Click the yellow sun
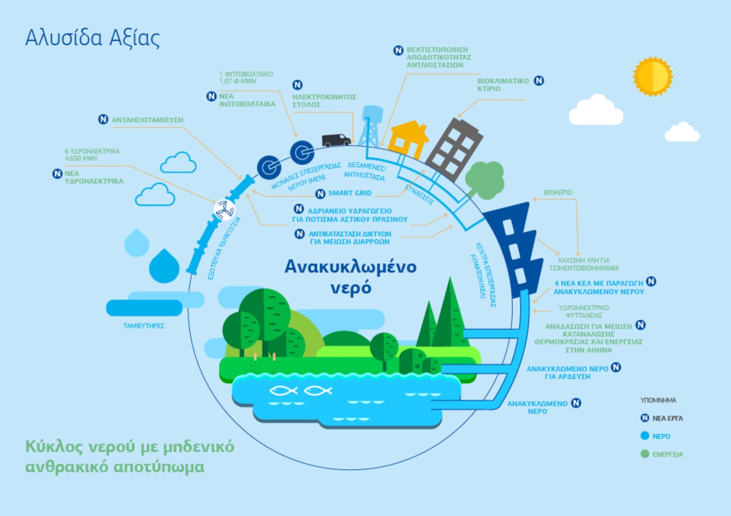click(x=653, y=76)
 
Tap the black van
click(x=336, y=140)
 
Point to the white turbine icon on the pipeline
click(x=224, y=210)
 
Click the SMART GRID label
click(x=350, y=193)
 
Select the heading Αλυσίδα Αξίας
click(x=93, y=38)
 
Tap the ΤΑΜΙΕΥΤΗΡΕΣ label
click(x=144, y=326)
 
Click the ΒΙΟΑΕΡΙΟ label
click(x=558, y=192)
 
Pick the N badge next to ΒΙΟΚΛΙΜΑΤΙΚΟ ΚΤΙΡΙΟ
click(x=539, y=81)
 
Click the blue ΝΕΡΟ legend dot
click(x=645, y=436)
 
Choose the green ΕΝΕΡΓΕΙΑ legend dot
click(x=645, y=454)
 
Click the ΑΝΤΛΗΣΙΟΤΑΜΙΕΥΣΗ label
click(x=147, y=120)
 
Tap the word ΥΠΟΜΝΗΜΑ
click(x=658, y=400)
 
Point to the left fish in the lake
click(x=283, y=390)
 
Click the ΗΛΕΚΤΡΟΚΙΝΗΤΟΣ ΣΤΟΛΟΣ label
click(x=324, y=101)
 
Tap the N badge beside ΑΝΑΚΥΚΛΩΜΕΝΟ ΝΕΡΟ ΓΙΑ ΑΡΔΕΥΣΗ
click(x=616, y=367)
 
